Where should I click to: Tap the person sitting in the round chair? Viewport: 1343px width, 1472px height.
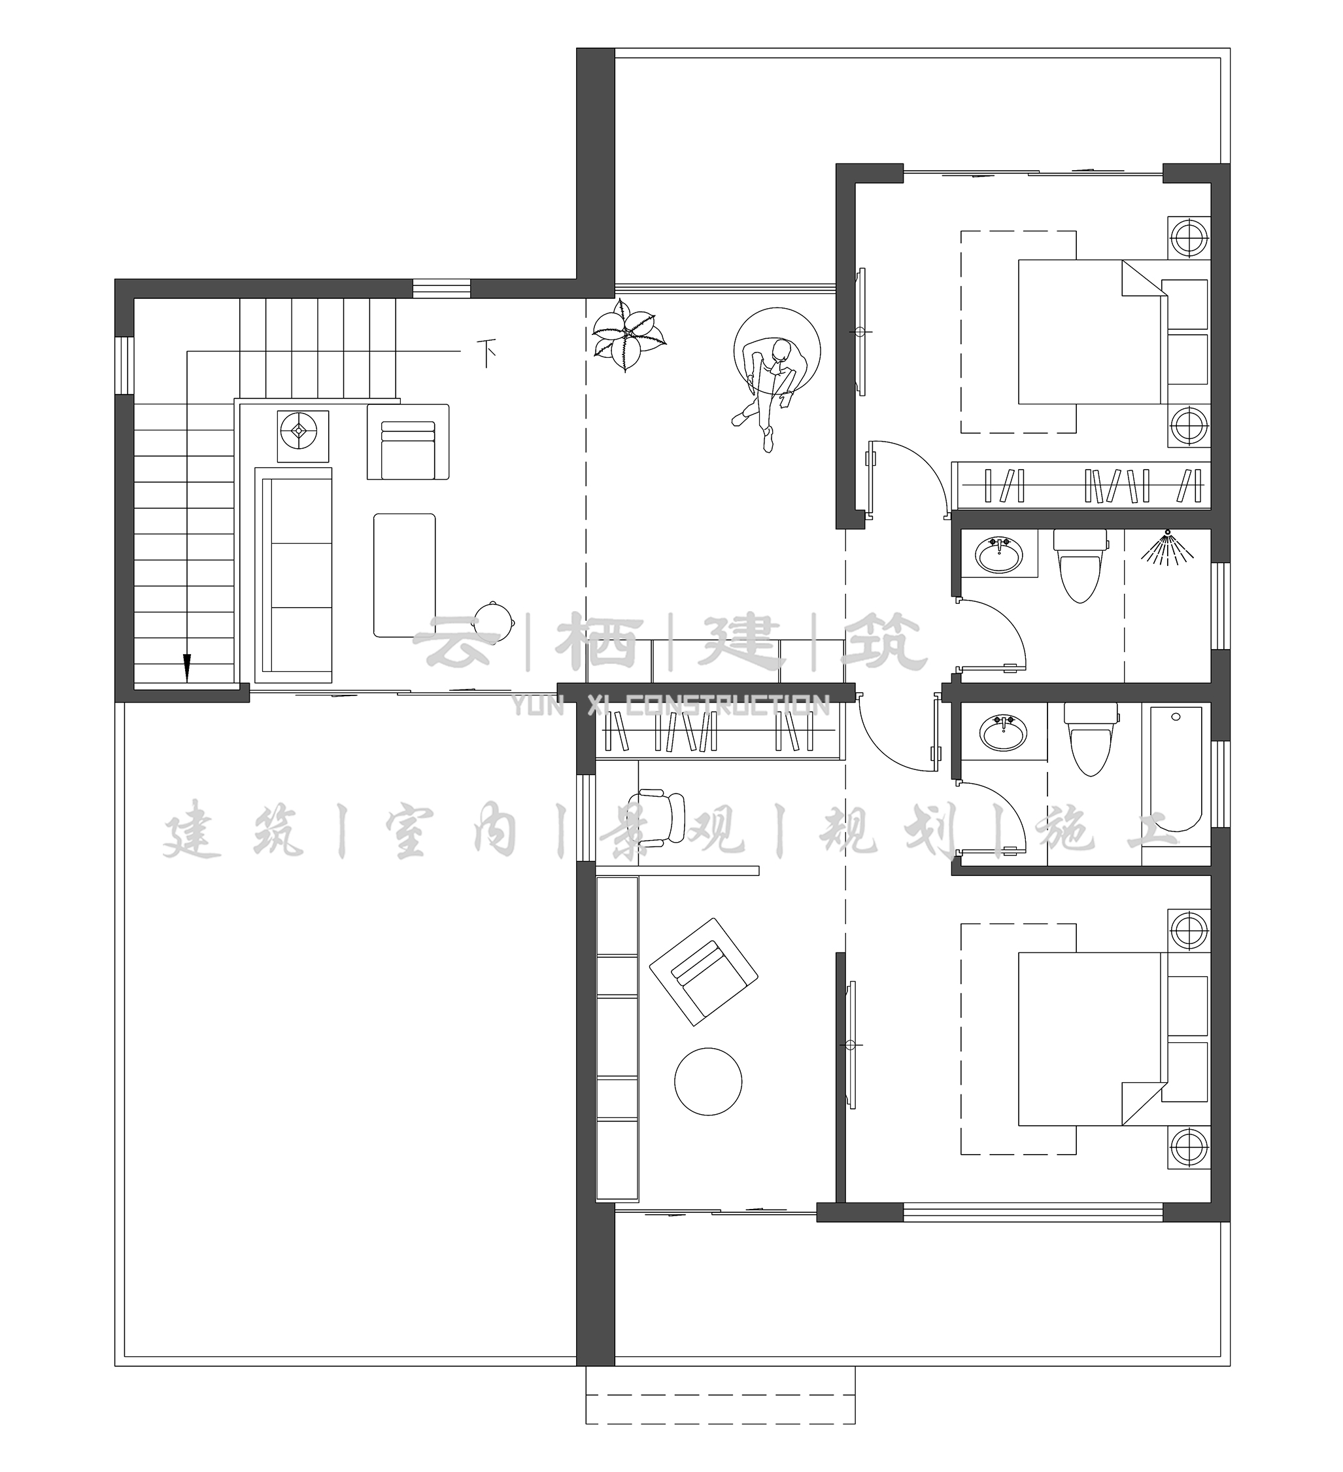pos(770,391)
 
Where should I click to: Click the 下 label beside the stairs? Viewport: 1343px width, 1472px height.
pos(487,353)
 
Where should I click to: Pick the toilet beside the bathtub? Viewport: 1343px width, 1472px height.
pos(1090,739)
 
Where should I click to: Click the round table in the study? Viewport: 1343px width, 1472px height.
pos(708,1081)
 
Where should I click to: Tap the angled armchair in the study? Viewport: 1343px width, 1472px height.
pos(704,972)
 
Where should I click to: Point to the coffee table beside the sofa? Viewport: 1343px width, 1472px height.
pos(404,575)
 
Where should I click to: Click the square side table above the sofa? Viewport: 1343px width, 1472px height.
pos(302,436)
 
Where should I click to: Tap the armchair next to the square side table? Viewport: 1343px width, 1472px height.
pos(408,442)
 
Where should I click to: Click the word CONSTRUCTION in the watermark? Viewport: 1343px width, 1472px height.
pos(728,705)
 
